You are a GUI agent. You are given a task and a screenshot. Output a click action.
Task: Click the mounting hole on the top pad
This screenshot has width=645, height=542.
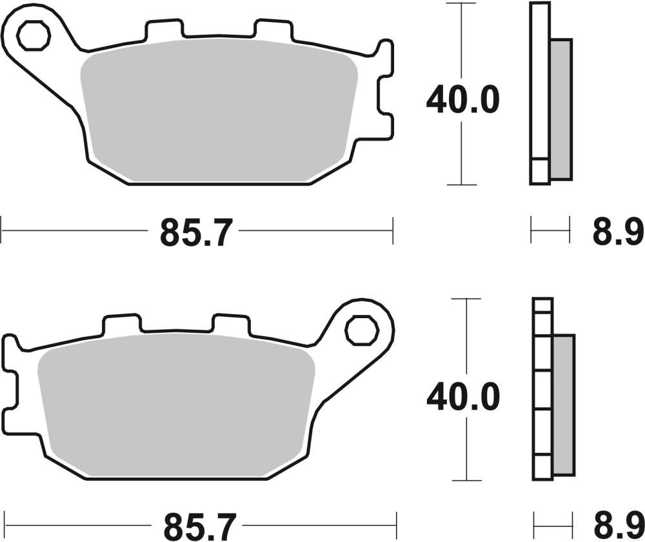point(34,36)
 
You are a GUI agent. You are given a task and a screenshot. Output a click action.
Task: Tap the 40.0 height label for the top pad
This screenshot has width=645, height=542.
point(462,101)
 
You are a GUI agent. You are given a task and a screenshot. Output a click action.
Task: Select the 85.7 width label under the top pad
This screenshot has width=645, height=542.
point(195,234)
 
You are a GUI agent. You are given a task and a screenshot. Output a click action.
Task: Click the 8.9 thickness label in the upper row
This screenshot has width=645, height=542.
point(618,234)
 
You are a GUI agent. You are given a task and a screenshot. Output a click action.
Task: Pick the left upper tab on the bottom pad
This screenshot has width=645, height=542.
point(121,325)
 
